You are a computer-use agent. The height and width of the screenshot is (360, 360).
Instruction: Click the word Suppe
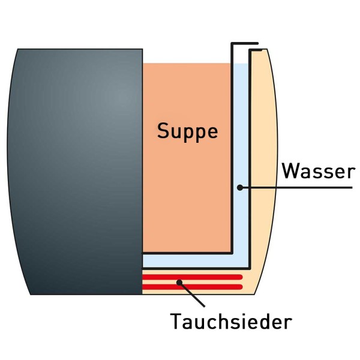187,130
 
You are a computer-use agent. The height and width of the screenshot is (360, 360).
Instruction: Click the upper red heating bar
192,277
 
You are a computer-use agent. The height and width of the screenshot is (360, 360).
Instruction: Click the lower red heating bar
192,286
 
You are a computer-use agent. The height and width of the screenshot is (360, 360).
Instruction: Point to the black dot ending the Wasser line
239,188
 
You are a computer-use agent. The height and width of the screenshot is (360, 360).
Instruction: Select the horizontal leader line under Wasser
300,188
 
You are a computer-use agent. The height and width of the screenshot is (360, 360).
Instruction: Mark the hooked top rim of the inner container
245,44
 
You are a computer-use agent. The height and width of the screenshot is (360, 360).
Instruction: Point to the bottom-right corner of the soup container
231,252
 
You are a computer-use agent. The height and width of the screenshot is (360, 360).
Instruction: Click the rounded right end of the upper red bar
241,277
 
